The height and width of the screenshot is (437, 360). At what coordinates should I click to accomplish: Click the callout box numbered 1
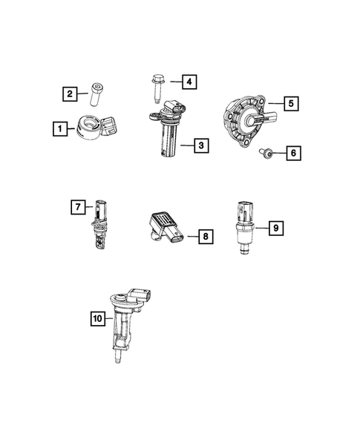57,128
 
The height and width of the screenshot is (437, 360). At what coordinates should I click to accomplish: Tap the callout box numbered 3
200,145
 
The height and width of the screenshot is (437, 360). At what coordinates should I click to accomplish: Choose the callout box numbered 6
292,154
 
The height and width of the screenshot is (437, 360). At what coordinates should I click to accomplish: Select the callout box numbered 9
275,227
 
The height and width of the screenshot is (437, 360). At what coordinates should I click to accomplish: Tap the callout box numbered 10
96,320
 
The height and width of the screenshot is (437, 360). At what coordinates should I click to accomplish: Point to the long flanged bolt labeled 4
158,85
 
